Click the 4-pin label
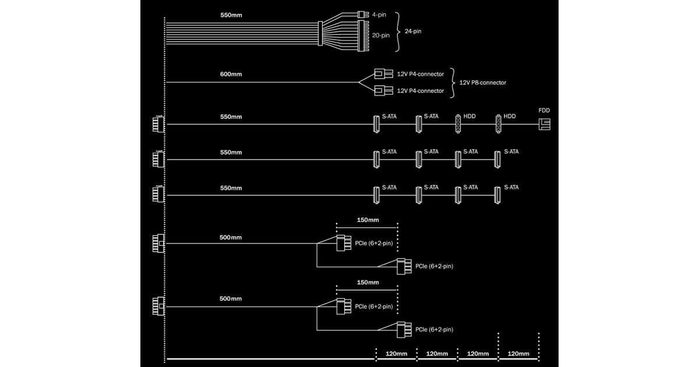379,14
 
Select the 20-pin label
380,35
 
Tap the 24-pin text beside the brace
412,31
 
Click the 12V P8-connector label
483,83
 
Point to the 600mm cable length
231,74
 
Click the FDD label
545,110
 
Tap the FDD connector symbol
545,124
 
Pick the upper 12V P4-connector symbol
382,74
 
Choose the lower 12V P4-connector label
421,91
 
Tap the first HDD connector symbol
458,124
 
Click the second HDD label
510,117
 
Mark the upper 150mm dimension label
368,220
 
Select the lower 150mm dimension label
368,283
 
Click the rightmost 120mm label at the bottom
518,354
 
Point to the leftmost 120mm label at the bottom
397,354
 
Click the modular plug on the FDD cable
158,124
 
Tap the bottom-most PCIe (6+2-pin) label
434,330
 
